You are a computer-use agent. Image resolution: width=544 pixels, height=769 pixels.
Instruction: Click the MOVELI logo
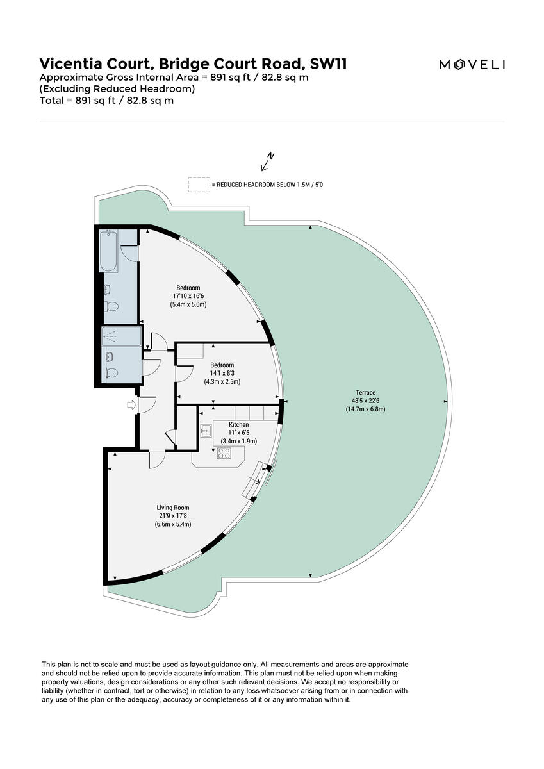tap(472, 65)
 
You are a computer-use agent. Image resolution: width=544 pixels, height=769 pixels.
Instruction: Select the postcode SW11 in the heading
tap(328, 64)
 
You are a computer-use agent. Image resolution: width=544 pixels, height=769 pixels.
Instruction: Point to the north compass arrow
tap(267, 161)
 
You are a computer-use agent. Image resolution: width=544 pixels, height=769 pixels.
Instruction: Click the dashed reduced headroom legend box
tap(199, 185)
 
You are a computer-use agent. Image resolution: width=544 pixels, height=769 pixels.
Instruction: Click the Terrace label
tap(365, 392)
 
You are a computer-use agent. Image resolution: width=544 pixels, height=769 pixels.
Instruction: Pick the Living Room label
tap(173, 508)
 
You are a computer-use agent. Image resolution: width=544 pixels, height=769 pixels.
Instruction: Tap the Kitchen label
tap(238, 424)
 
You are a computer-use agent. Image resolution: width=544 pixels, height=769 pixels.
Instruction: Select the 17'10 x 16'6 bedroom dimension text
tap(188, 296)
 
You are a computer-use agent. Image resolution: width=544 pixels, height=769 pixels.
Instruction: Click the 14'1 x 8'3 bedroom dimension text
tap(222, 373)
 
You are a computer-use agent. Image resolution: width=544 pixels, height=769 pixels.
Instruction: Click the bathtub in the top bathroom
tap(109, 251)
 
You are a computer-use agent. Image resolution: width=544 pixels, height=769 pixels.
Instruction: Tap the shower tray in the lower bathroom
tap(122, 336)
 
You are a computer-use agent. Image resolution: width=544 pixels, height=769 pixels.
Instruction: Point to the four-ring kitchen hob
tap(224, 453)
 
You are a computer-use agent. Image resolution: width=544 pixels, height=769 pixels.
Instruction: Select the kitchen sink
tap(206, 431)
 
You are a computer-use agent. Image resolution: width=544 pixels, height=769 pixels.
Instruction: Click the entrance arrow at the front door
tap(132, 405)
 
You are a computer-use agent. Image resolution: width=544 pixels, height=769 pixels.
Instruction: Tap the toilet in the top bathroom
tap(111, 306)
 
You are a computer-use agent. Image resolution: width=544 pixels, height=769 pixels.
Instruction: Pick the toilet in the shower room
tap(112, 373)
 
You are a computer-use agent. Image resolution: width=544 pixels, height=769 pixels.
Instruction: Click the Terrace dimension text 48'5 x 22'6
tap(365, 401)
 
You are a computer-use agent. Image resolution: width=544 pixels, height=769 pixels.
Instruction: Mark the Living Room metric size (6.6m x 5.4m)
tap(173, 524)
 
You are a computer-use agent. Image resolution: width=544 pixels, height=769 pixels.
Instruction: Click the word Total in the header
tap(51, 101)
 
